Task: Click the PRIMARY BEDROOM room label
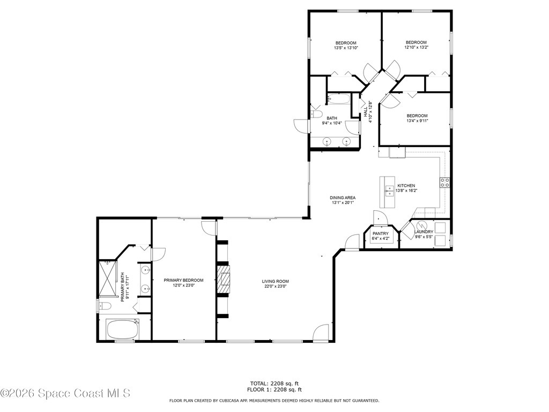(184, 280)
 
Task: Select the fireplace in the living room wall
(223, 279)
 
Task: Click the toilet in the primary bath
(105, 306)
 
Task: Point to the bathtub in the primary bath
(122, 329)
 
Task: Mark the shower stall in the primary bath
(107, 278)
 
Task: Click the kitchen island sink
(389, 189)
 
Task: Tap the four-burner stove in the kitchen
(444, 182)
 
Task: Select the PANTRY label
(380, 233)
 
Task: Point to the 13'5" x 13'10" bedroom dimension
(346, 48)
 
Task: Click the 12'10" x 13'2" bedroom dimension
(416, 47)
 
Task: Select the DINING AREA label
(343, 197)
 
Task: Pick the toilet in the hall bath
(316, 114)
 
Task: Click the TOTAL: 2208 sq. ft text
(274, 383)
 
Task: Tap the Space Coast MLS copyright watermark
(65, 394)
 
